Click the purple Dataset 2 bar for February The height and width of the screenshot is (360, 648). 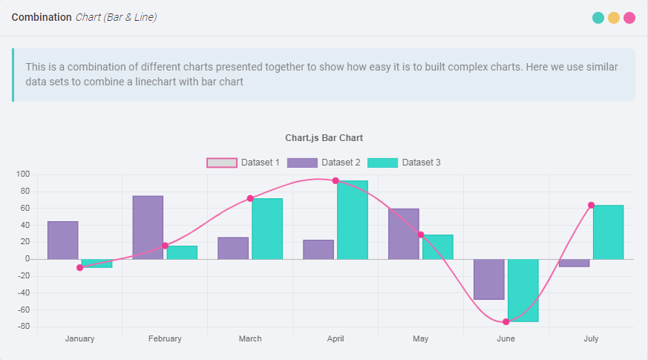click(148, 227)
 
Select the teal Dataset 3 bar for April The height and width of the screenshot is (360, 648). click(353, 220)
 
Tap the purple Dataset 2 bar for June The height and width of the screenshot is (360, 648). click(489, 279)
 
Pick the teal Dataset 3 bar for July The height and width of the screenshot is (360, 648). click(608, 232)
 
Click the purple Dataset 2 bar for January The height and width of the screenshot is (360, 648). click(62, 240)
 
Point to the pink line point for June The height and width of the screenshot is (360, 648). click(506, 321)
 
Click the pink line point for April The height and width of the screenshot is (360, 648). click(336, 180)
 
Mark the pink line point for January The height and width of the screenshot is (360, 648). click(79, 267)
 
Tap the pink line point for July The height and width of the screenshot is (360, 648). click(591, 205)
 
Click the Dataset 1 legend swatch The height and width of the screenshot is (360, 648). click(222, 163)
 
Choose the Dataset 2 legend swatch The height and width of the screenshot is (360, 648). click(302, 163)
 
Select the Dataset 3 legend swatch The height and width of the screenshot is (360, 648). click(382, 163)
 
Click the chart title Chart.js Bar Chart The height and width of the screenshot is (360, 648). click(324, 138)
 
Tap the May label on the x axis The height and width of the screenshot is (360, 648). click(421, 339)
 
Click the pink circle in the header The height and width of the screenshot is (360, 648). click(629, 18)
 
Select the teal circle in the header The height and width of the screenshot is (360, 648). click(598, 18)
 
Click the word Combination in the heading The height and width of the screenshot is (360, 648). click(42, 17)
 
